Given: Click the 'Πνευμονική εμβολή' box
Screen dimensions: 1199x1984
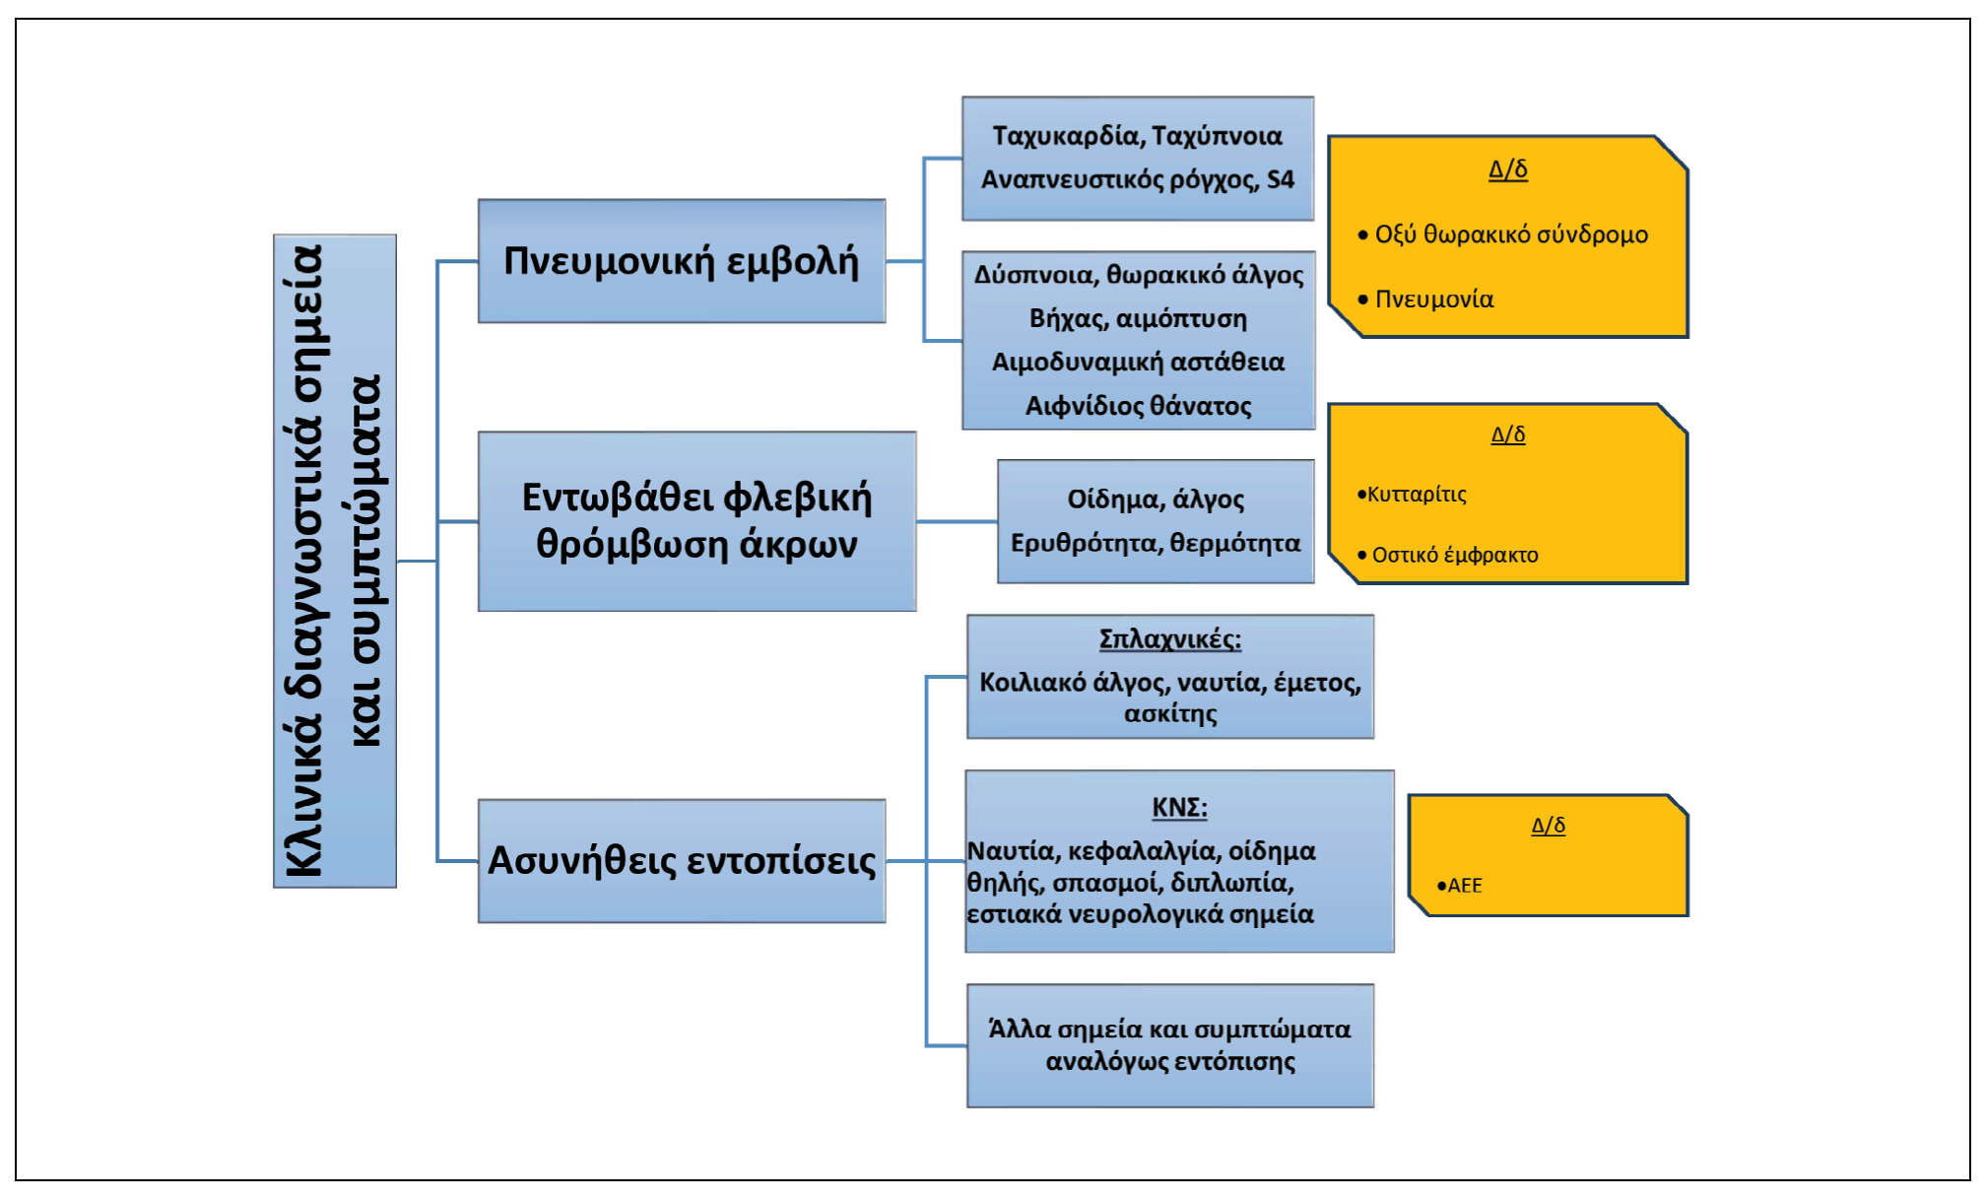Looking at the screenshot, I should click(681, 261).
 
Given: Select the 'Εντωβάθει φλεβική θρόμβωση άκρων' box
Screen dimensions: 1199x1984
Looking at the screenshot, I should click(696, 521).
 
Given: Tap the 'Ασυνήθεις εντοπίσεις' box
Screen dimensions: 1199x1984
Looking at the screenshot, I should click(681, 860).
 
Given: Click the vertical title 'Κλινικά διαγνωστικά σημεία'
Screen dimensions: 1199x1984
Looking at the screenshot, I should click(303, 561).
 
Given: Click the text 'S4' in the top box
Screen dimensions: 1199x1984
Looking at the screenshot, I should click(1280, 179).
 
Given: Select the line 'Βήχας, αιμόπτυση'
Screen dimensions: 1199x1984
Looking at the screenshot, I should click(1138, 318).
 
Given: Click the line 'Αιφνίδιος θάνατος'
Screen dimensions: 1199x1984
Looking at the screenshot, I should click(1138, 406).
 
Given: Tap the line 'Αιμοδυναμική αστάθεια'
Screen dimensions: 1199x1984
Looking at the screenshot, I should click(1138, 362).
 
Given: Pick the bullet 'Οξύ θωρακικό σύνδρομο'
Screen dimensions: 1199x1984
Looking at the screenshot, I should click(1510, 234).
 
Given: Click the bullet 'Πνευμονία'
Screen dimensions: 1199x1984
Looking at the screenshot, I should click(1433, 300).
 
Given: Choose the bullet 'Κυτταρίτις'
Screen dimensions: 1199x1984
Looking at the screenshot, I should click(1417, 495).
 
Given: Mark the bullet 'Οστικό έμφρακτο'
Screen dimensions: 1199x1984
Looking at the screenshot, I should click(1454, 555).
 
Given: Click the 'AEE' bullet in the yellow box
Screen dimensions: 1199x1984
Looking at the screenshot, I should click(1464, 885).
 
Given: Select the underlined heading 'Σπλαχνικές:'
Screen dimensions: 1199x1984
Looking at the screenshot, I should click(1169, 638).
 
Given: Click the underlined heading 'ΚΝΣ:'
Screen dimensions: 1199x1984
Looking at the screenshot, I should click(1179, 807).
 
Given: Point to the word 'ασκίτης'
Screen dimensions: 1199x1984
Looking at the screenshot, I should click(1169, 713).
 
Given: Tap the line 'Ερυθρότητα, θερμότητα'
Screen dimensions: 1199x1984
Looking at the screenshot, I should click(1155, 543).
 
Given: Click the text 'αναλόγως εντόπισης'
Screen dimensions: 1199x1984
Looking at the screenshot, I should click(1169, 1061).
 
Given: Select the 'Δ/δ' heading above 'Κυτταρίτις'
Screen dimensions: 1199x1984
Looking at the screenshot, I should click(1507, 434).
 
